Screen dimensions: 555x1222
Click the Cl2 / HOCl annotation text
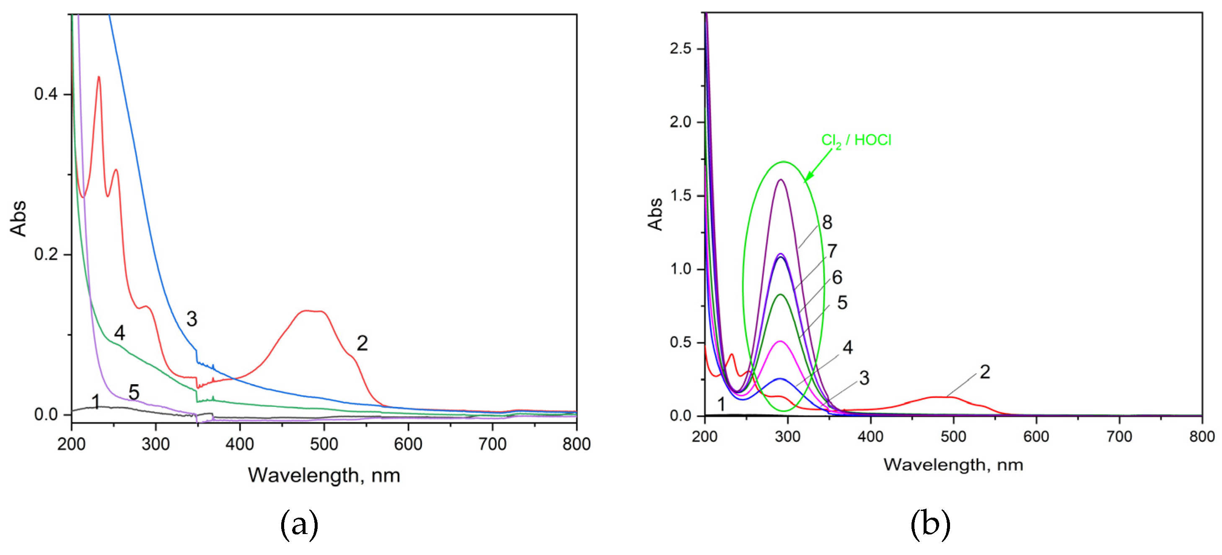point(856,140)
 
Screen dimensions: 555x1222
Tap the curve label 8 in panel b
point(827,222)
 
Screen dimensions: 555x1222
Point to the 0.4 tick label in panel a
point(46,94)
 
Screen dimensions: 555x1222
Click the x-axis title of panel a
point(324,475)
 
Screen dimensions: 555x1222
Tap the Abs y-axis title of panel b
point(655,214)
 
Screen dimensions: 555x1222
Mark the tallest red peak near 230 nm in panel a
point(98,77)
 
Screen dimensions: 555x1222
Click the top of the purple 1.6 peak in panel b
point(780,180)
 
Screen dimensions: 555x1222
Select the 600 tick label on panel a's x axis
point(408,444)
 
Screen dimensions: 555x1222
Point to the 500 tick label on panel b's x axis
point(953,436)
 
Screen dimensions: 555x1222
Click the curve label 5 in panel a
point(134,392)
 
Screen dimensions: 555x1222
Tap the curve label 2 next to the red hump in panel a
point(362,343)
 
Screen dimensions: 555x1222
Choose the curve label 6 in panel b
point(837,277)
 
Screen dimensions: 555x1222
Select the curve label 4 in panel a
point(119,333)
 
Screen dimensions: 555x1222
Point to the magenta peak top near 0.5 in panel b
point(780,341)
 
